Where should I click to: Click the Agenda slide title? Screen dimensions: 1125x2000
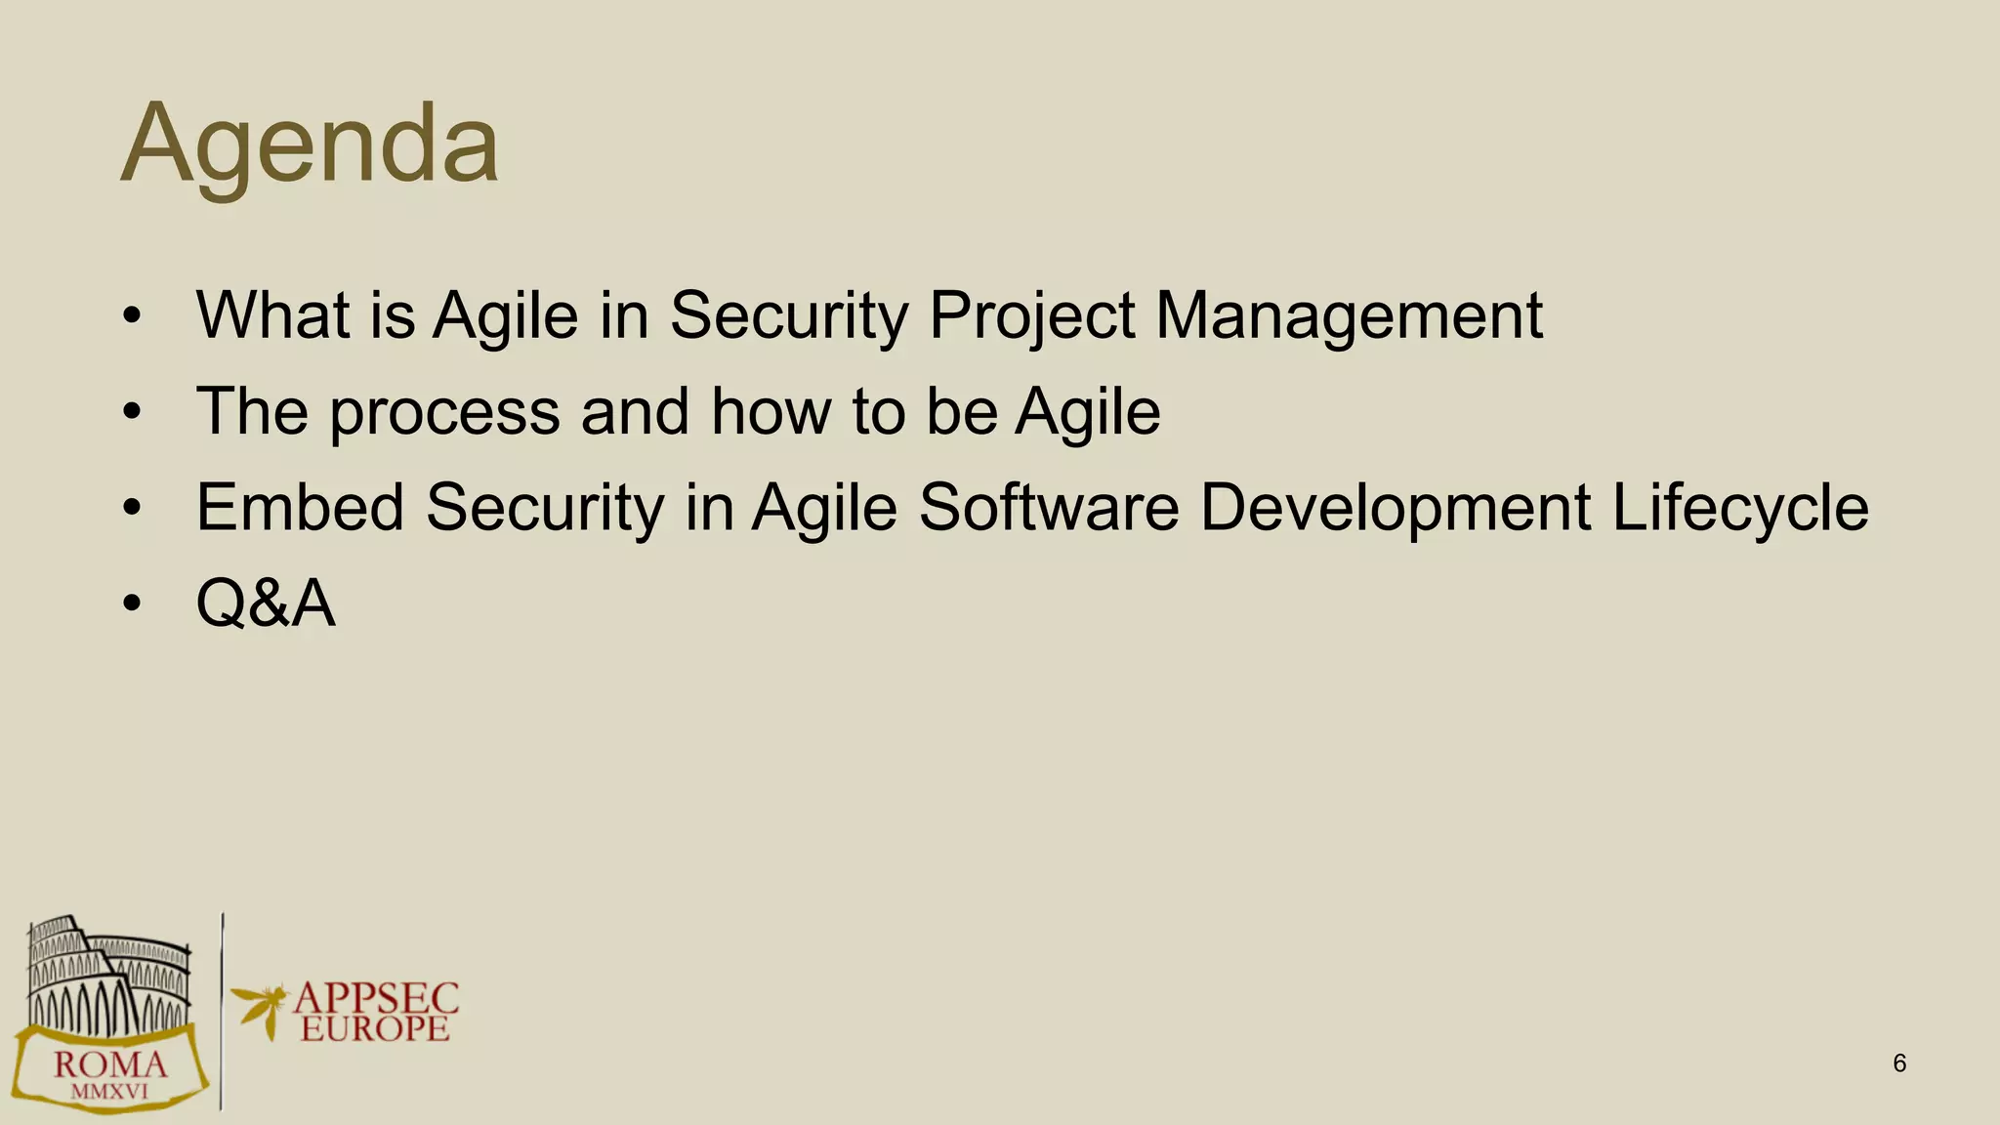click(x=310, y=145)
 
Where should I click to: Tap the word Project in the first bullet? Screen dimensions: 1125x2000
click(x=1031, y=316)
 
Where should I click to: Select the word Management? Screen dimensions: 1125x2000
click(x=1349, y=316)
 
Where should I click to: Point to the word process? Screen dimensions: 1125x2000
click(x=444, y=412)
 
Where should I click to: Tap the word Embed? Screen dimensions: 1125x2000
click(x=300, y=507)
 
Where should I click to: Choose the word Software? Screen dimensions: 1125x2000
click(x=1049, y=507)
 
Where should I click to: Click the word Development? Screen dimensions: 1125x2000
click(x=1396, y=507)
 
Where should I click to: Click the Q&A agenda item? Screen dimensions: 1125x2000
click(x=266, y=603)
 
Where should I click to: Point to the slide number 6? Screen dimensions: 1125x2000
click(x=1899, y=1063)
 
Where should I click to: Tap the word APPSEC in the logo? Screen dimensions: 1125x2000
click(x=376, y=998)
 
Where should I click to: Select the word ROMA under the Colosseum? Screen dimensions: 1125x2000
click(x=109, y=1064)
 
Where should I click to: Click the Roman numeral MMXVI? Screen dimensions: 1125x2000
click(x=109, y=1092)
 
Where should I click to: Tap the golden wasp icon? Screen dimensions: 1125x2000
click(x=260, y=1008)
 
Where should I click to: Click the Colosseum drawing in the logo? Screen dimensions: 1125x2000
click(x=107, y=972)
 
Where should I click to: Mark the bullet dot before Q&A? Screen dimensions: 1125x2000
click(x=132, y=604)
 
